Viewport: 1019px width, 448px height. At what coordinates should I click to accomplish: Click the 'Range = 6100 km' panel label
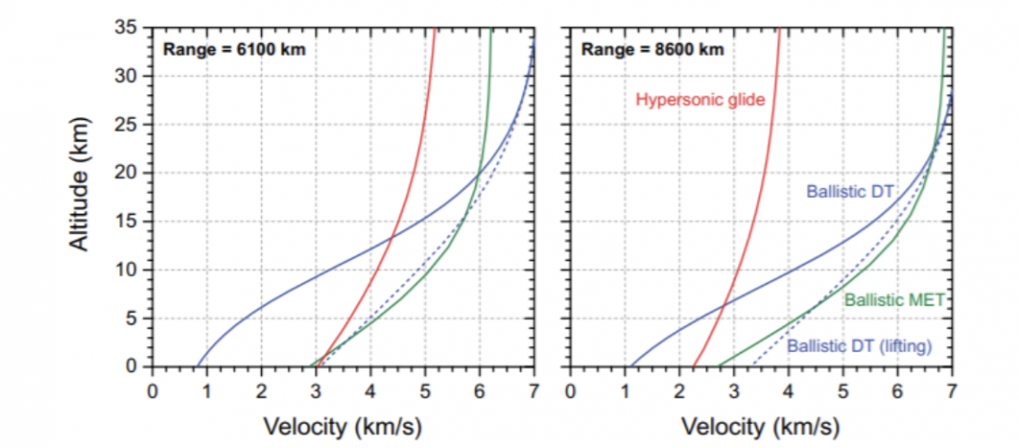click(x=233, y=49)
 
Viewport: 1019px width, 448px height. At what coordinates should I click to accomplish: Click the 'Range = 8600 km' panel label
click(x=652, y=49)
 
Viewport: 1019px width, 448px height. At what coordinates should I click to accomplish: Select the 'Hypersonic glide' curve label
click(x=700, y=99)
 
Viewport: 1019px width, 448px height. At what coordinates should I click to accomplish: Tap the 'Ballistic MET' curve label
click(x=894, y=300)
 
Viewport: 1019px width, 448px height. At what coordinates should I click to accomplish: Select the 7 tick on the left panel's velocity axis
click(x=534, y=391)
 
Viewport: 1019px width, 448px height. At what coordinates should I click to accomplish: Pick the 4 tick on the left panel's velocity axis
click(x=370, y=391)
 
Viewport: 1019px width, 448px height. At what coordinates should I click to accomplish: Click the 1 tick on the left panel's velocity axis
click(x=207, y=391)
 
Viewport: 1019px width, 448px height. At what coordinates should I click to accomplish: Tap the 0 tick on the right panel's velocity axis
click(x=570, y=391)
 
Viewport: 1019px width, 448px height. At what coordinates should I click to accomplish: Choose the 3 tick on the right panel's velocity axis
click(x=734, y=391)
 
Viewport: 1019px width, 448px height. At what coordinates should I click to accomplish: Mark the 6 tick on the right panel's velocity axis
click(x=897, y=391)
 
